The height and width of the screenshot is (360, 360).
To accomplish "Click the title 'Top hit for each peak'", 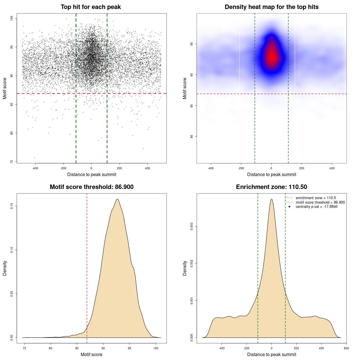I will tap(91, 7).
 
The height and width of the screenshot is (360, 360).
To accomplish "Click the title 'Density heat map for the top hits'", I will tap(271, 7).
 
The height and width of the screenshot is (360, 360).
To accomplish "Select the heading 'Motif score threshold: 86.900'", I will tap(91, 187).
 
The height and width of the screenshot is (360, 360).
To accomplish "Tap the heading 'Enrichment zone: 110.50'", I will tap(271, 187).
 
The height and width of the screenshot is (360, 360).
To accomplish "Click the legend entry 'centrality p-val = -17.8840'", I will tap(316, 207).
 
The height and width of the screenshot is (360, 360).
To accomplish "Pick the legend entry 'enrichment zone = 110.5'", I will tap(316, 198).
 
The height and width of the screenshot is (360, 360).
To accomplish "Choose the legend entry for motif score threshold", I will tap(320, 202).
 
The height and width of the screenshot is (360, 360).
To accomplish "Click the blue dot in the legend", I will tap(289, 207).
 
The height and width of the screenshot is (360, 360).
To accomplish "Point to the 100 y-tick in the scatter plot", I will tap(12, 18).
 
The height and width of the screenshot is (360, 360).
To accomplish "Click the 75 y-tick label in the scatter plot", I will tap(12, 162).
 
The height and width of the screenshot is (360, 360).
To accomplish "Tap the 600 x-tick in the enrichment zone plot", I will tap(346, 348).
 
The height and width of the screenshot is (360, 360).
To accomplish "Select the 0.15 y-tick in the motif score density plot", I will tap(12, 206).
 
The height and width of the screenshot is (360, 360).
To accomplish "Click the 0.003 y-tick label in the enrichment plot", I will tap(192, 226).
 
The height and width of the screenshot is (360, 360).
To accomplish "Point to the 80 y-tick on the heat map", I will tap(192, 136).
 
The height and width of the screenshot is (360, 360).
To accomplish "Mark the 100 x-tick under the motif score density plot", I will tap(156, 348).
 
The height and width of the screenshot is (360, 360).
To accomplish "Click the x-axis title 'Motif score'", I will tap(91, 354).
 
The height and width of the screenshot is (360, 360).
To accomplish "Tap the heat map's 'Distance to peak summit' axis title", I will tap(271, 174).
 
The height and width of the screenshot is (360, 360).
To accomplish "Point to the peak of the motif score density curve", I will tap(117, 199).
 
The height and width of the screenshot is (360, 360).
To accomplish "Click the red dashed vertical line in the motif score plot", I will tap(87, 267).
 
